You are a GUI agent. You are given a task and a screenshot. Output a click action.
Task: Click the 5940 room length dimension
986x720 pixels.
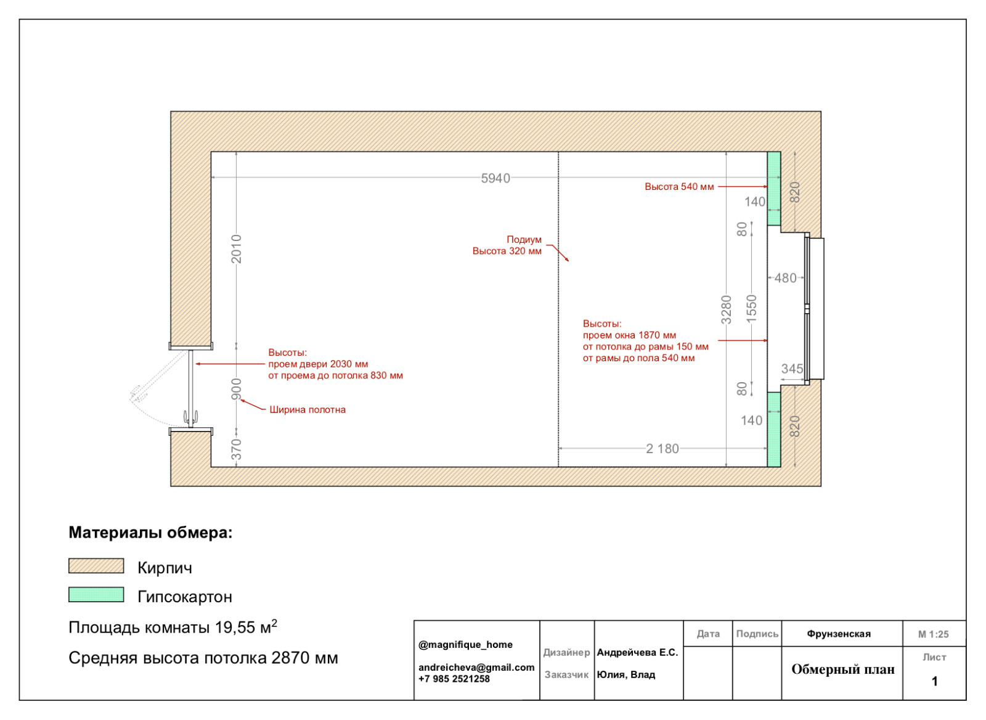click(495, 178)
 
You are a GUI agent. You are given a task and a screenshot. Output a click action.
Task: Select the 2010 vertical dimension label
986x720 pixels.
click(237, 249)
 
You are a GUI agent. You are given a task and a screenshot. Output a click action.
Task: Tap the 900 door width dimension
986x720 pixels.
click(237, 390)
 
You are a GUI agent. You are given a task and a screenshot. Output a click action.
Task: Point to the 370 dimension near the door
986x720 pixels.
click(237, 449)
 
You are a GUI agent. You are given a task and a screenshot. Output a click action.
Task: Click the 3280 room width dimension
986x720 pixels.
click(727, 309)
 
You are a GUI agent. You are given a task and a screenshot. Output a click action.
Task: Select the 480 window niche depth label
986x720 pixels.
click(786, 278)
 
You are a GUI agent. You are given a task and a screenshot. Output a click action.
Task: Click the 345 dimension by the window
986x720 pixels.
click(792, 369)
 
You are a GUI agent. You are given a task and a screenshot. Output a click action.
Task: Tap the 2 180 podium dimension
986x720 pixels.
click(662, 449)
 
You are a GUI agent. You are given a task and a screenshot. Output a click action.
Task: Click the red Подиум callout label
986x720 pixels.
click(524, 240)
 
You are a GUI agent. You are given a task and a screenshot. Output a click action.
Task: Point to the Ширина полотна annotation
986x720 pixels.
click(308, 409)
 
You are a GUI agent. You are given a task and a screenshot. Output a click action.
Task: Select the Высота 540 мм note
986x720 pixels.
click(679, 187)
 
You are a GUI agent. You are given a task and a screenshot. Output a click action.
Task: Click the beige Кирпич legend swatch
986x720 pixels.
click(96, 566)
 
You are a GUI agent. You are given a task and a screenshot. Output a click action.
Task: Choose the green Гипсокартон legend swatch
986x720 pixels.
click(96, 594)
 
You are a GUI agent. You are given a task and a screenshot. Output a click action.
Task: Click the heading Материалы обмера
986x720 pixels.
click(150, 533)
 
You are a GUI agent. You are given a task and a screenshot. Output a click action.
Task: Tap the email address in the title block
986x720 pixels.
click(476, 667)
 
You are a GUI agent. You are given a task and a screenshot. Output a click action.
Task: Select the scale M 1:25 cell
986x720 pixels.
click(933, 634)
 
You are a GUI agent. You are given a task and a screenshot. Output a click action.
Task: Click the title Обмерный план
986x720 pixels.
click(843, 669)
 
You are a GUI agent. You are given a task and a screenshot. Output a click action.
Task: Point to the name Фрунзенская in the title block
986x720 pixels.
click(839, 634)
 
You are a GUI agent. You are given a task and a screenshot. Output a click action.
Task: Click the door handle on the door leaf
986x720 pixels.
click(190, 416)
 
